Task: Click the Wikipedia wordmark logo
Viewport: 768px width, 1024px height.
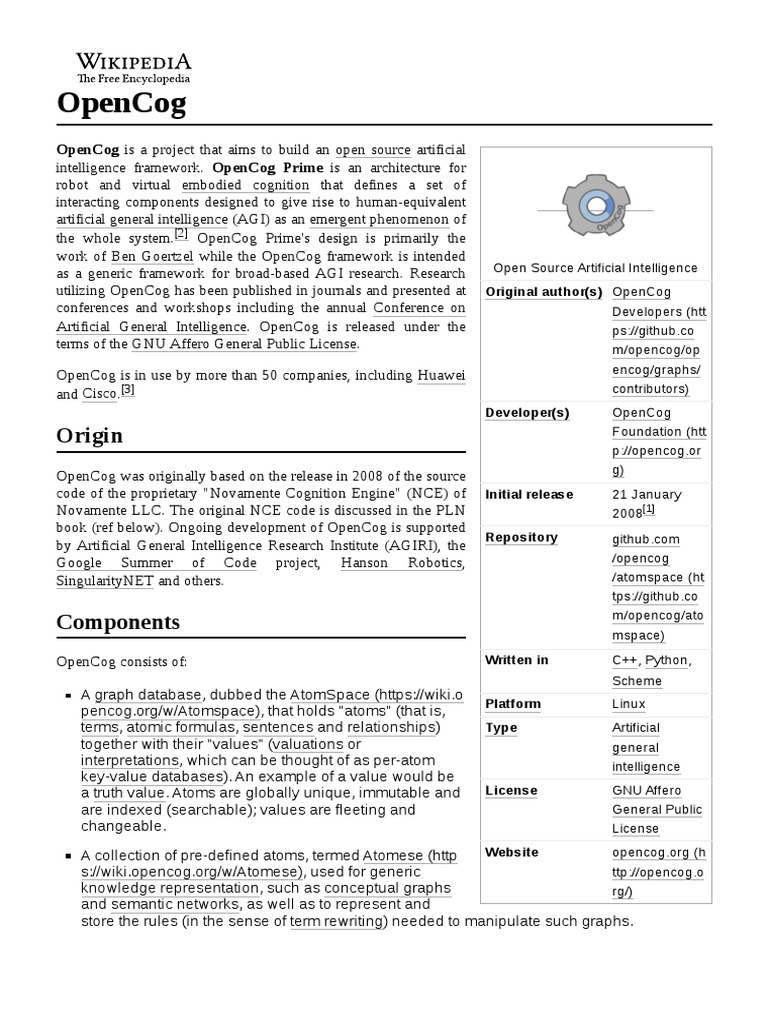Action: click(x=134, y=64)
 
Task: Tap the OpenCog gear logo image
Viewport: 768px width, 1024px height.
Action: click(x=596, y=207)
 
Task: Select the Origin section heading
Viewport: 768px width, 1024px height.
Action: click(x=90, y=435)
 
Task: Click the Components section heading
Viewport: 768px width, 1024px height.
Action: click(x=118, y=622)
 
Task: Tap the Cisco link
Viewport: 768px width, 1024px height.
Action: click(x=99, y=394)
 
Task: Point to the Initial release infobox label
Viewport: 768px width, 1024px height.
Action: click(x=529, y=494)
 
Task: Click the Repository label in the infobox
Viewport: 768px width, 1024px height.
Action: click(x=521, y=537)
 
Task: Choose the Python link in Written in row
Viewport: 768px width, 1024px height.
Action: click(x=666, y=660)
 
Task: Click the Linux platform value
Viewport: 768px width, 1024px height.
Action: click(x=629, y=704)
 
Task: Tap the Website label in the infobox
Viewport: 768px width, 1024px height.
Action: click(x=511, y=852)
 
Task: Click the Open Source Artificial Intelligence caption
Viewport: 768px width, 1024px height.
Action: click(x=596, y=267)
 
